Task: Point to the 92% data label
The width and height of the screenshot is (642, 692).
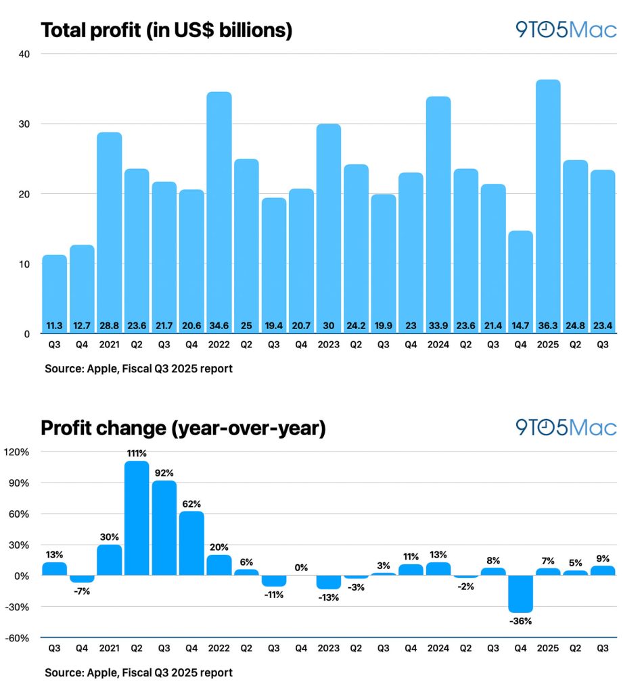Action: tap(164, 472)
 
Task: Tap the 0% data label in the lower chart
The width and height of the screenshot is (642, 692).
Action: tap(301, 568)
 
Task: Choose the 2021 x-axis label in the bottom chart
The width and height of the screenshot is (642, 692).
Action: tap(109, 648)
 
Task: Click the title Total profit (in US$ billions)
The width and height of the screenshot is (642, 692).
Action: tap(166, 30)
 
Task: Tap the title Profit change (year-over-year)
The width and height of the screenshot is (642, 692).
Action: tap(183, 428)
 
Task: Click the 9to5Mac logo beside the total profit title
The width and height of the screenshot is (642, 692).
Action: tap(566, 30)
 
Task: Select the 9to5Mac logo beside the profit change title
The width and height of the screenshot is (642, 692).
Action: tap(566, 428)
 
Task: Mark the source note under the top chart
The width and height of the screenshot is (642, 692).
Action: tap(139, 370)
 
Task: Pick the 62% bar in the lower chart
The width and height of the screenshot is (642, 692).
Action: tap(191, 543)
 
